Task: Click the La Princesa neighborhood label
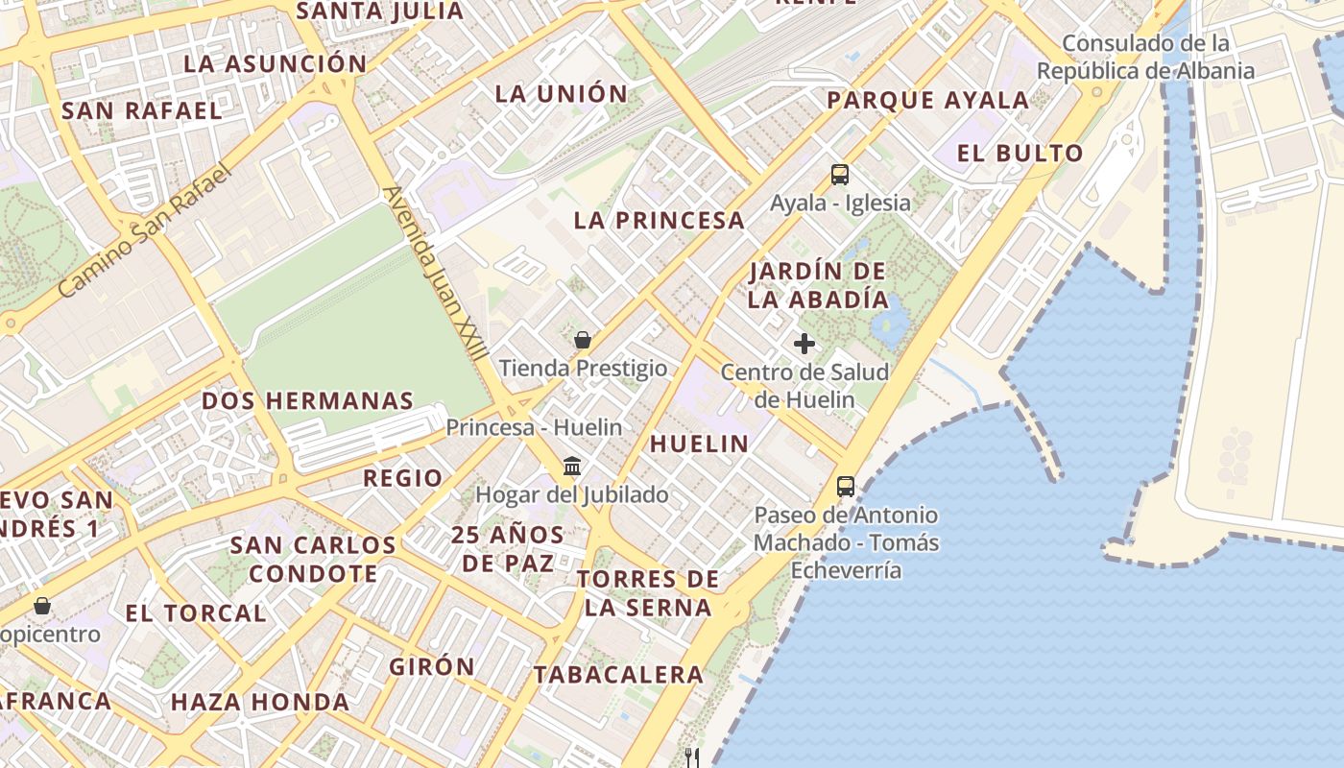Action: click(x=659, y=220)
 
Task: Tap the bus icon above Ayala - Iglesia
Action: click(x=840, y=175)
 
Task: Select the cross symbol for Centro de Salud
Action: click(x=804, y=344)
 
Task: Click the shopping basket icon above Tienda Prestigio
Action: click(x=582, y=340)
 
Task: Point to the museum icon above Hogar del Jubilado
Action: click(x=572, y=467)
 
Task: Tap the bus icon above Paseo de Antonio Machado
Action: click(x=845, y=487)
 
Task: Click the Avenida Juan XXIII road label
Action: click(x=433, y=273)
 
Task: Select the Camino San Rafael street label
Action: click(x=145, y=231)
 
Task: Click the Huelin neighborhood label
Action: click(x=699, y=443)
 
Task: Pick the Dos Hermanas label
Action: click(x=307, y=400)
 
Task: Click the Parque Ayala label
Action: click(x=927, y=100)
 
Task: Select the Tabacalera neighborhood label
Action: click(x=618, y=674)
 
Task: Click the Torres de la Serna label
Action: click(x=648, y=592)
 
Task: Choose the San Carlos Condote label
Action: click(x=313, y=559)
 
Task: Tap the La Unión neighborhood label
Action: click(x=561, y=93)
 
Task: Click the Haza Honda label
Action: click(x=260, y=702)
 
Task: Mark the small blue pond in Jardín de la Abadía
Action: click(x=891, y=324)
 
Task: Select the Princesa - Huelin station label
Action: click(x=534, y=427)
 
